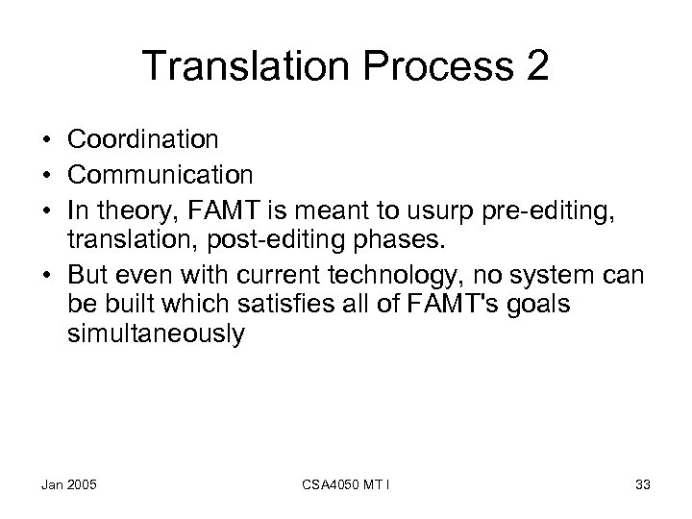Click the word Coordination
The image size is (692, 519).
pos(143,139)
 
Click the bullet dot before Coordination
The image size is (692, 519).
pos(48,140)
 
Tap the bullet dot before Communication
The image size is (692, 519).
pos(48,175)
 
